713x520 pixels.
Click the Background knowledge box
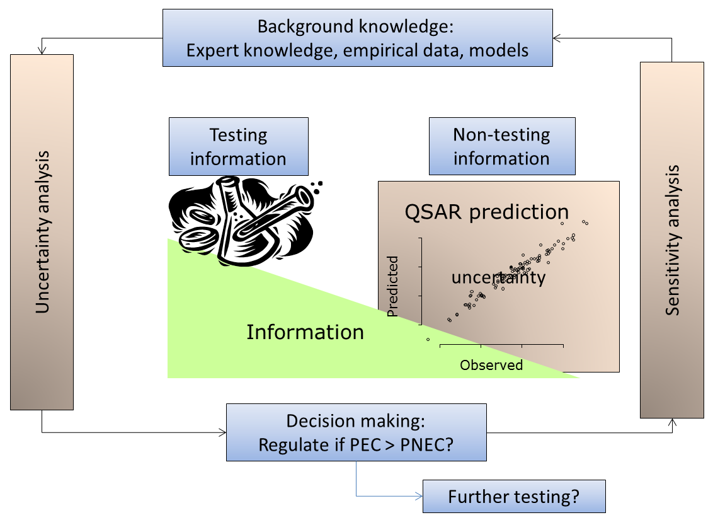pos(357,38)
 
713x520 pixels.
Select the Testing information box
pos(238,146)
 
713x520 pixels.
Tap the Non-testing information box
pos(501,146)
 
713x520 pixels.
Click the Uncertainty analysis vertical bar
pos(42,231)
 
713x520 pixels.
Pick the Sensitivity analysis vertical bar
pos(671,240)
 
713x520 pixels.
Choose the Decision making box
pos(356,432)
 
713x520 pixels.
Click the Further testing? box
pos(513,496)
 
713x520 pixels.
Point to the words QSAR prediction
pos(486,212)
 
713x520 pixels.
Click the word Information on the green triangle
pos(305,332)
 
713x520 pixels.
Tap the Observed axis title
pos(491,365)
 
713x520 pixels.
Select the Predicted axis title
pos(393,286)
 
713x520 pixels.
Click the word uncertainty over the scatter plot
pos(498,277)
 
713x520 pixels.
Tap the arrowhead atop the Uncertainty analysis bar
pos(42,50)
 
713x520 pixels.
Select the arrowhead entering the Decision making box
pos(222,432)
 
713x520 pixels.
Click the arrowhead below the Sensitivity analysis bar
pos(671,422)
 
